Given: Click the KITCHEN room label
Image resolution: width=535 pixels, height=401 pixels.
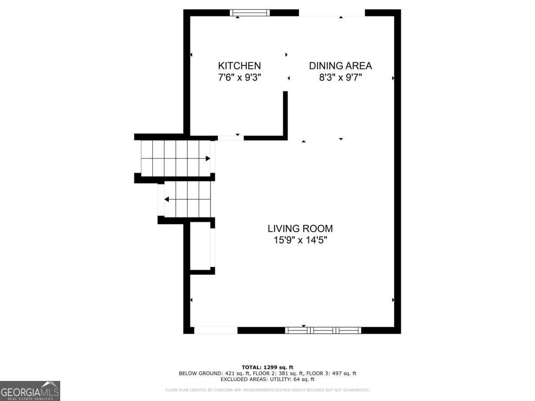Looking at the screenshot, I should (239, 66).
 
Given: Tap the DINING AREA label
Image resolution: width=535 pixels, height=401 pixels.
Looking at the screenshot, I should (340, 66).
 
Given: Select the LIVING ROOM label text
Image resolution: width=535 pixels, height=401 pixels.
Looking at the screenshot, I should (300, 229).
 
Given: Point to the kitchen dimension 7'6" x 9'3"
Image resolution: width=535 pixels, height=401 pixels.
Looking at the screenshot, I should (239, 78).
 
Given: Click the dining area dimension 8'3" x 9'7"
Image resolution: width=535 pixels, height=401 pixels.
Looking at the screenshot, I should (340, 78).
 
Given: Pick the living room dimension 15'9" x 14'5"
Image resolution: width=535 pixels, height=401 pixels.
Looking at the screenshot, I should (300, 241).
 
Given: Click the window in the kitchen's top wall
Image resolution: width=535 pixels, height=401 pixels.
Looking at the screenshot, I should (250, 13).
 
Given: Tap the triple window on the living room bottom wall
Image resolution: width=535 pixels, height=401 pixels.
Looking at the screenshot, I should (323, 330).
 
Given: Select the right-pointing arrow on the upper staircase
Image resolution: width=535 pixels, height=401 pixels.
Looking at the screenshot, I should (208, 158).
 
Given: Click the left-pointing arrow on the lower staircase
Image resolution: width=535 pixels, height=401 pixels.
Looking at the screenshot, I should (167, 199).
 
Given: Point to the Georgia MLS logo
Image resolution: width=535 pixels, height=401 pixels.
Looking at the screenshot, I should (30, 391).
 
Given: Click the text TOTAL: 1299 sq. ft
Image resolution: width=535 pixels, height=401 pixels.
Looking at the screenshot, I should (267, 367).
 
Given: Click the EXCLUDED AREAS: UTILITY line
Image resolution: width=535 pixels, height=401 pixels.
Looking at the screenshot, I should (267, 380).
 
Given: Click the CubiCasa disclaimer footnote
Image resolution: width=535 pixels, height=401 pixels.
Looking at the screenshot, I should (267, 390).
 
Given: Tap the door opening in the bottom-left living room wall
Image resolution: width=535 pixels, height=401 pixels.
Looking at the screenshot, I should (216, 330).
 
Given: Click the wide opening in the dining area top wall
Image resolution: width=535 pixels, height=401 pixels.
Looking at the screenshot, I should (332, 13).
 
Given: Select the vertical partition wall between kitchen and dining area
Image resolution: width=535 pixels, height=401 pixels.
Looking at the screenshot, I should (285, 114).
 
